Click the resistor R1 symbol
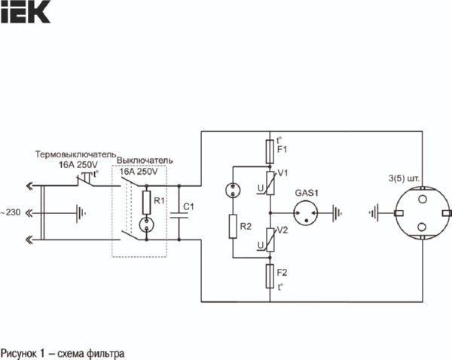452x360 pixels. [146, 201]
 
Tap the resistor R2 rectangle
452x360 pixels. [233, 225]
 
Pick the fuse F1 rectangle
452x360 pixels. [270, 151]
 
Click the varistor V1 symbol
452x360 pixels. [270, 182]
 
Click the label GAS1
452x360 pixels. [307, 192]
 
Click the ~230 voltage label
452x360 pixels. [11, 213]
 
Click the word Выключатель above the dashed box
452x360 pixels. [149, 161]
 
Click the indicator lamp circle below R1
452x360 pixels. [146, 224]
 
